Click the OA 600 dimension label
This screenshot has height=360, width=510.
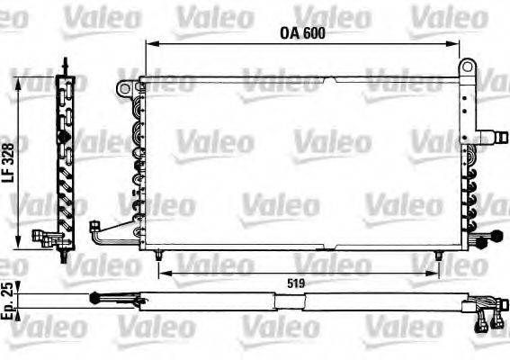click(301, 34)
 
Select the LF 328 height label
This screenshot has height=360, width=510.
click(8, 165)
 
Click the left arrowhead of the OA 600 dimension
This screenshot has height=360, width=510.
click(149, 43)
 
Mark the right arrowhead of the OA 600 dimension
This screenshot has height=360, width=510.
click(460, 43)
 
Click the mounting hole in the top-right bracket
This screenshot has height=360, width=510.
click(466, 67)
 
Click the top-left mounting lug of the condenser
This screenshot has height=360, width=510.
click(123, 87)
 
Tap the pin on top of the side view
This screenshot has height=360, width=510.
click(66, 65)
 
